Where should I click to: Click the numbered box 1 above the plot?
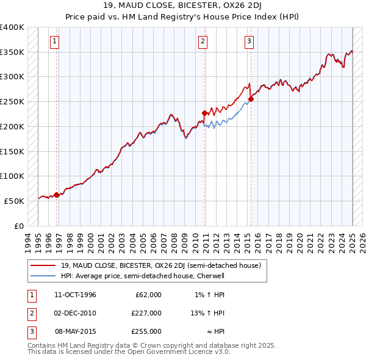pos(54,41)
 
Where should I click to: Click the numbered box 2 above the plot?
pos(203,41)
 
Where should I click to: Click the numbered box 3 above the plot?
pos(249,41)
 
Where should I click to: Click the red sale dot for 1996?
pos(57,195)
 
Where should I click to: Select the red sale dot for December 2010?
pos(205,112)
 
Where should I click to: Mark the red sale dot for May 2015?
pos(251,99)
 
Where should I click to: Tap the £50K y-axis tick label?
pos(15,201)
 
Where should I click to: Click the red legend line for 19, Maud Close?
pos(43,265)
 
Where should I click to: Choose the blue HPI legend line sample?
pos(43,276)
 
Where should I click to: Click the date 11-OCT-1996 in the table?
pos(76,295)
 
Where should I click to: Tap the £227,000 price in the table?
pos(146,313)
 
